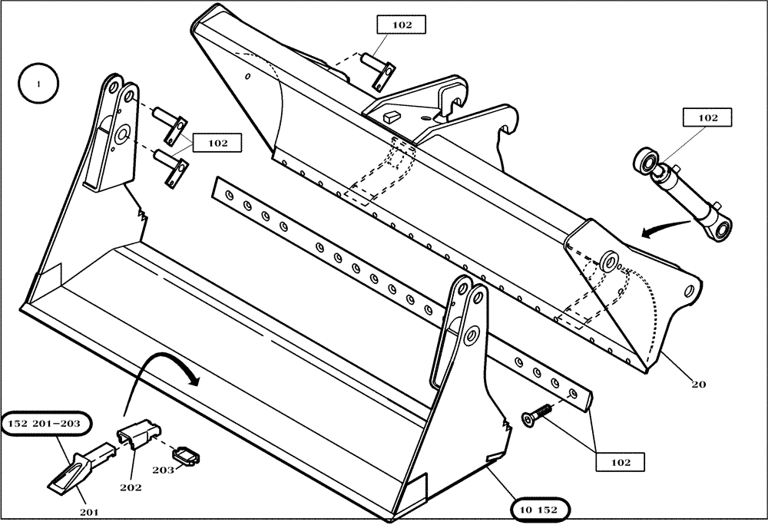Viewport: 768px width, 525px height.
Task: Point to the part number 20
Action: pyautogui.click(x=697, y=384)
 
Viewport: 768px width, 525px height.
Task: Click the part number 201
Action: pyautogui.click(x=89, y=511)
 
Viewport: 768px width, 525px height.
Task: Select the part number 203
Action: pyautogui.click(x=164, y=469)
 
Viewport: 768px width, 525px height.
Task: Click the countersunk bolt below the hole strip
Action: pyautogui.click(x=537, y=414)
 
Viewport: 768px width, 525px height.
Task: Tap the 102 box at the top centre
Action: pyautogui.click(x=402, y=25)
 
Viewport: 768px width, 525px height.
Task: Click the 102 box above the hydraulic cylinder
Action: pyautogui.click(x=707, y=117)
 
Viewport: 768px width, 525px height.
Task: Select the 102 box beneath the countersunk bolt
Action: pyautogui.click(x=620, y=462)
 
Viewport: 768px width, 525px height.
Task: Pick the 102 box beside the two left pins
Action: pyautogui.click(x=217, y=143)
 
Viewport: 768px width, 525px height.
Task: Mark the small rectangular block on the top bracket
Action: pyautogui.click(x=389, y=115)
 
